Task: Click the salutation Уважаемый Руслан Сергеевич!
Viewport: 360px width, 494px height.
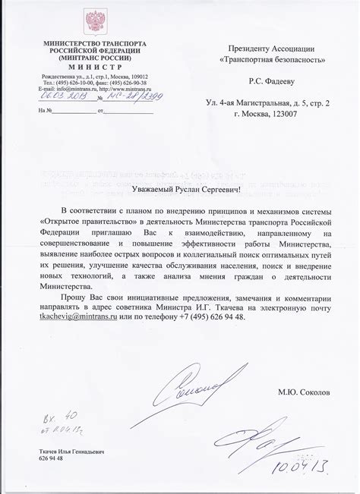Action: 178,187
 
